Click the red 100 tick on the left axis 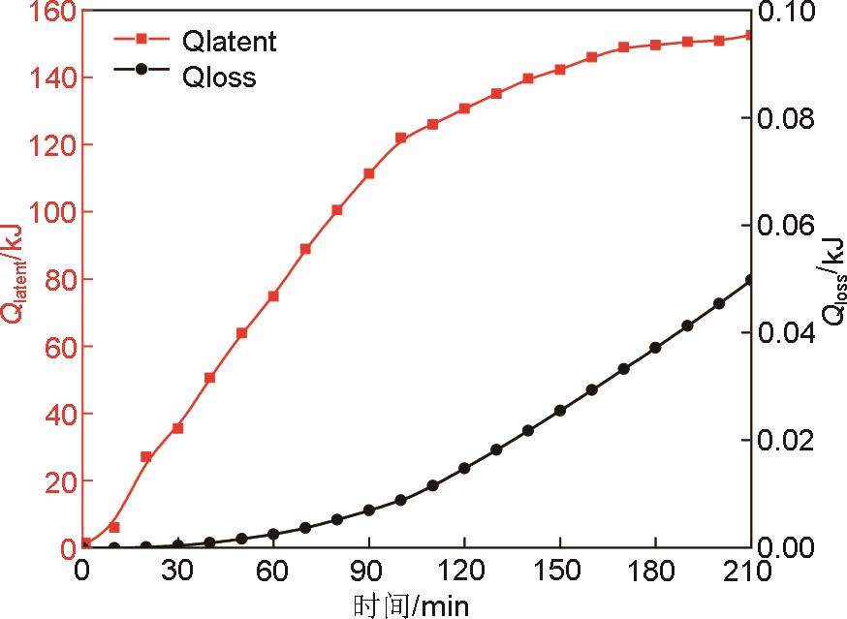click(47, 211)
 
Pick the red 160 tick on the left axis click(47, 12)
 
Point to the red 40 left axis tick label click(53, 413)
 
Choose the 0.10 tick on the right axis click(790, 12)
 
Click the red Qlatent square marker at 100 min click(400, 138)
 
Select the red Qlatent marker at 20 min click(146, 456)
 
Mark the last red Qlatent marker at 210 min click(750, 35)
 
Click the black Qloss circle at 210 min click(750, 281)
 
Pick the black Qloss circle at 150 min click(560, 411)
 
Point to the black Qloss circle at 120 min click(464, 468)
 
